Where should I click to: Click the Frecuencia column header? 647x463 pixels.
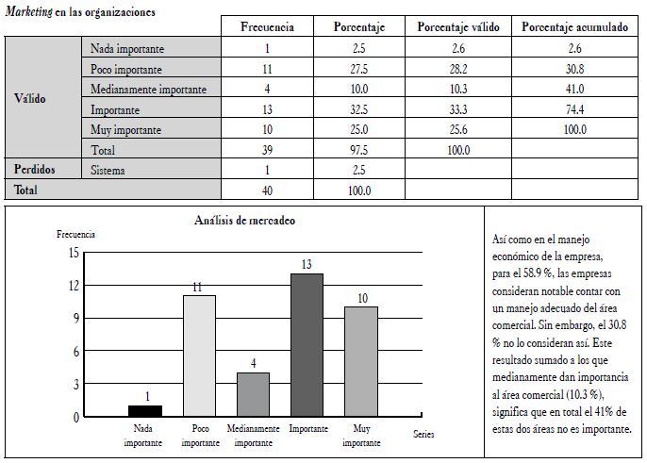[x=267, y=27]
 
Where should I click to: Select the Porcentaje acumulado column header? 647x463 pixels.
[x=574, y=27]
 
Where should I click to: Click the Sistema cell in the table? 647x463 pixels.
[x=110, y=170]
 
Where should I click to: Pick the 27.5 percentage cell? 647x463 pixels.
[x=357, y=70]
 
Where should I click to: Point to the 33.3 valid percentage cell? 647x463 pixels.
[x=458, y=109]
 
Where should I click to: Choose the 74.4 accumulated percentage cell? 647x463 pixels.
[x=574, y=109]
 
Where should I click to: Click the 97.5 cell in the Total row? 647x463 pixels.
[x=357, y=150]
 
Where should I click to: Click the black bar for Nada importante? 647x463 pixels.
[x=144, y=411]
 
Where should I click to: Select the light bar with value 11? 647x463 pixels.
[x=198, y=356]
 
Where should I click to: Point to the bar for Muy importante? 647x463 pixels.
[x=360, y=361]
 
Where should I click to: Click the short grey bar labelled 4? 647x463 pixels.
[x=253, y=394]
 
